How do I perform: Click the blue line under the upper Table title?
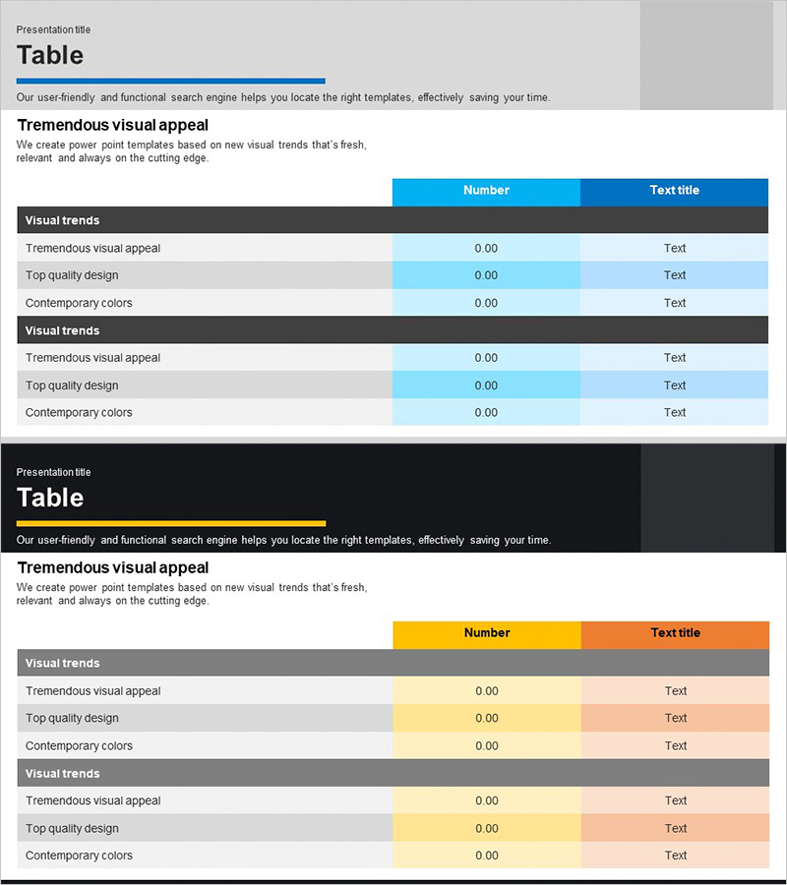click(170, 81)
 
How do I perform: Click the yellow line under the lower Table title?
click(170, 523)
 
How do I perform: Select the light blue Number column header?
click(486, 191)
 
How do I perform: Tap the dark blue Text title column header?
click(674, 191)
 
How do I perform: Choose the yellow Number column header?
click(487, 633)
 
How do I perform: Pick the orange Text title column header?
click(675, 633)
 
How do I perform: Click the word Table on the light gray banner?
click(50, 55)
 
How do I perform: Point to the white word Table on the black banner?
click(50, 498)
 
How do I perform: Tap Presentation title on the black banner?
click(53, 472)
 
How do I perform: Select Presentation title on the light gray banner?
click(53, 29)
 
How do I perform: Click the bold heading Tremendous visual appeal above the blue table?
click(113, 125)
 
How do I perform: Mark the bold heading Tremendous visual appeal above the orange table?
click(113, 567)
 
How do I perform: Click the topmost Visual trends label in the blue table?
click(62, 220)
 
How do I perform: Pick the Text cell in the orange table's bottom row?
click(675, 855)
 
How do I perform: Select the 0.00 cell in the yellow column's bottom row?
click(487, 855)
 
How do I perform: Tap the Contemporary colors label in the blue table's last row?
click(79, 413)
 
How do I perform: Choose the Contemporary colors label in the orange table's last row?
click(79, 855)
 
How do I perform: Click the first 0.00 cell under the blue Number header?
click(486, 249)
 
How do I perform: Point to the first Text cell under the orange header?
click(675, 691)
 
